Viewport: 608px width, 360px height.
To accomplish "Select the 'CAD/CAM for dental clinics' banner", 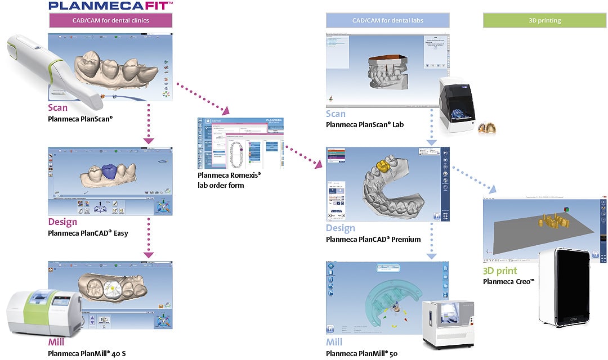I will pyautogui.click(x=110, y=21).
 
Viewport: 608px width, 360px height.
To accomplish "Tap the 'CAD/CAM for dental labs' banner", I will pyautogui.click(x=387, y=21).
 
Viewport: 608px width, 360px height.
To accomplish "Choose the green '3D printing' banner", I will pyautogui.click(x=545, y=21).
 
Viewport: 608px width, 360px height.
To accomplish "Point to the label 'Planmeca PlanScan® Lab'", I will pyautogui.click(x=365, y=124).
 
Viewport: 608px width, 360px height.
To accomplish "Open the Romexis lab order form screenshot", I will pyautogui.click(x=240, y=143).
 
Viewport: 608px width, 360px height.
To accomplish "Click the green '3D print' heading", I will pyautogui.click(x=499, y=271).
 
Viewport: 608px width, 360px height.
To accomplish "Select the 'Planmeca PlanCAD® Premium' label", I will pyautogui.click(x=373, y=239).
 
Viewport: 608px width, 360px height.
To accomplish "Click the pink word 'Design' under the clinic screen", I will pyautogui.click(x=62, y=222).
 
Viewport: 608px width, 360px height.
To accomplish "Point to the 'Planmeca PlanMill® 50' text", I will pyautogui.click(x=361, y=353).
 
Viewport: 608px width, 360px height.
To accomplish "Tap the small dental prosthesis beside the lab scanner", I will pyautogui.click(x=486, y=128).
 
